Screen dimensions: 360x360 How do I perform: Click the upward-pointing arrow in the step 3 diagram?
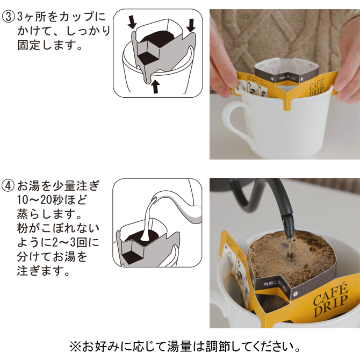pyautogui.click(x=155, y=87)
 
